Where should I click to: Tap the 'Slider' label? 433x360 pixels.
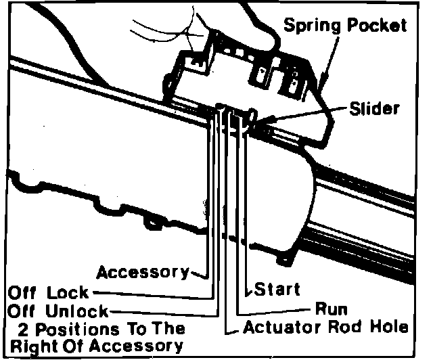[x=375, y=108]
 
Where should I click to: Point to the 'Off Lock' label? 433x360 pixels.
[x=47, y=293]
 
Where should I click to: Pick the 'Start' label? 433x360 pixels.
[x=277, y=290]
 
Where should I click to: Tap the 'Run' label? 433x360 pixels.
[x=332, y=309]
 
